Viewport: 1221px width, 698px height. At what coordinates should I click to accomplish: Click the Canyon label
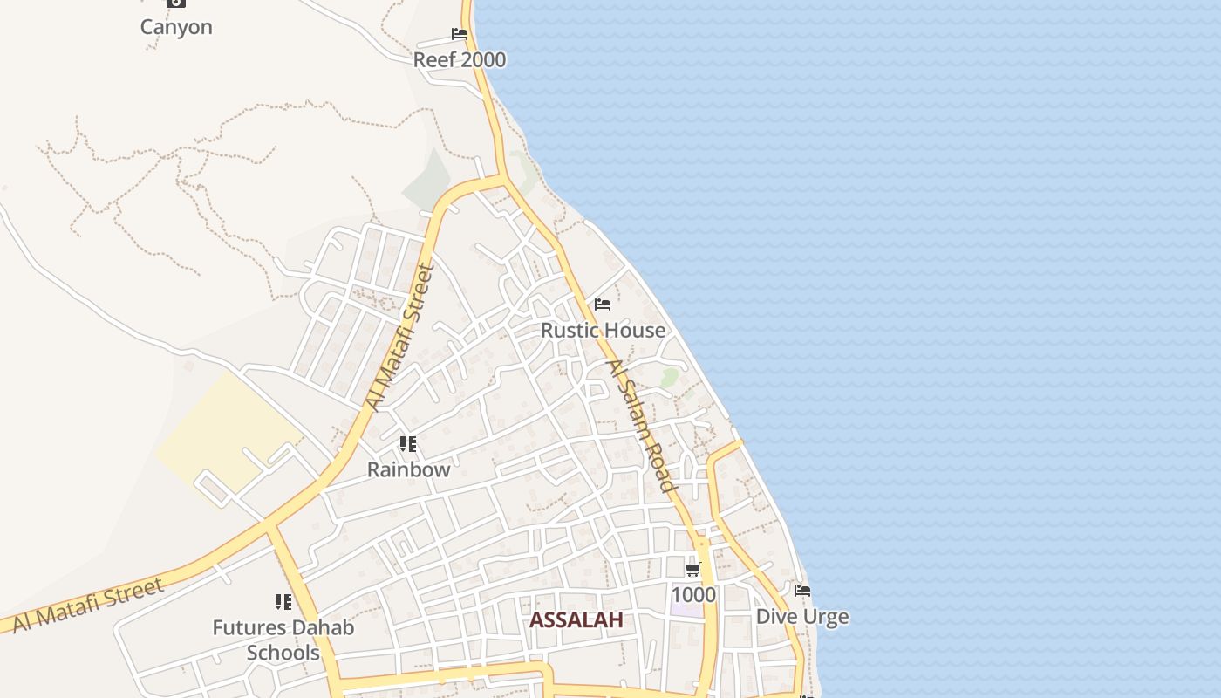(176, 27)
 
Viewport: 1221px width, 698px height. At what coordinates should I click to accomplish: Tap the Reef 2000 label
(460, 59)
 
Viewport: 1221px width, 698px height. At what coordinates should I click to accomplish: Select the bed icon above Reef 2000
(460, 35)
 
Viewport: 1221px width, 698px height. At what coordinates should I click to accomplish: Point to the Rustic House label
(603, 330)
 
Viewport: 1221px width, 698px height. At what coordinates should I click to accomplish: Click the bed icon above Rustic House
(603, 305)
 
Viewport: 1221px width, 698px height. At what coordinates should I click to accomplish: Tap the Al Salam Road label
(642, 426)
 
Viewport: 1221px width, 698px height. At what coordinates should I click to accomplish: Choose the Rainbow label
(408, 469)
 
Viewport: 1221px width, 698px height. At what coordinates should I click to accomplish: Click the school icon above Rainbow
(408, 445)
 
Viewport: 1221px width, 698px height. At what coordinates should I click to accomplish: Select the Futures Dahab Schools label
(283, 640)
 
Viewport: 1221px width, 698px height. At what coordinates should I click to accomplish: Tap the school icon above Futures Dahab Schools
(283, 602)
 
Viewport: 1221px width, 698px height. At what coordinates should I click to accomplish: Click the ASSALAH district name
(576, 620)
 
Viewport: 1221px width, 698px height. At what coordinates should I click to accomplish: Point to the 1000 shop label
(693, 595)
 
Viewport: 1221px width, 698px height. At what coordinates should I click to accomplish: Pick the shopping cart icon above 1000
(692, 570)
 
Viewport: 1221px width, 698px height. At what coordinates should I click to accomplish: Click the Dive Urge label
(801, 617)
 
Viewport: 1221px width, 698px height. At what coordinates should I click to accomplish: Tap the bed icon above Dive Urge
(802, 591)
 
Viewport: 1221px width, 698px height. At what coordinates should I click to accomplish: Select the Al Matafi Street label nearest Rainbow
(399, 338)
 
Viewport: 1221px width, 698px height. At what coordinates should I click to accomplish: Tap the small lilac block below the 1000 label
(686, 610)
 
